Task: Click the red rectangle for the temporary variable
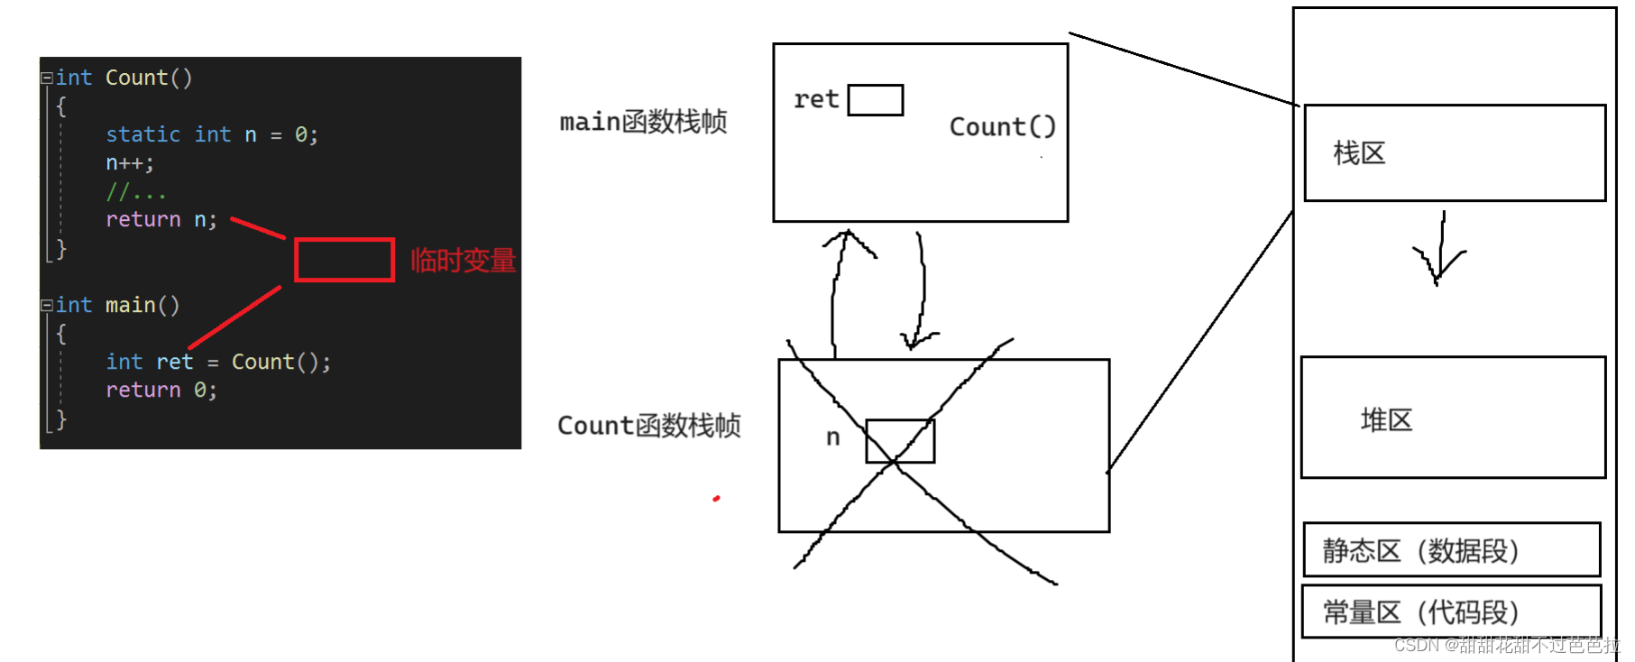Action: tap(344, 260)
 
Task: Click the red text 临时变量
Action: tap(463, 261)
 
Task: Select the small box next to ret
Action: tap(875, 100)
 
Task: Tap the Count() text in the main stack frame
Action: tap(1002, 127)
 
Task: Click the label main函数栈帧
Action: tap(643, 122)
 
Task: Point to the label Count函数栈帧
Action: tap(648, 426)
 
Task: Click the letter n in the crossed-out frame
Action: tap(832, 438)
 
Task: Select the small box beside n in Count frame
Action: tap(899, 441)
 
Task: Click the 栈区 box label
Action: tap(1359, 153)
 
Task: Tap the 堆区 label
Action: tap(1386, 420)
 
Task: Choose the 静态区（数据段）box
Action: tap(1451, 550)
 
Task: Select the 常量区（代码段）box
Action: tap(1451, 612)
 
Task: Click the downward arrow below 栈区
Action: tap(1440, 252)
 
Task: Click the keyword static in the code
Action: tap(142, 134)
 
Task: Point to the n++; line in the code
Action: tap(130, 163)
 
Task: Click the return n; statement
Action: tap(161, 220)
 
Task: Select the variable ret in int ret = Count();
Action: tap(174, 363)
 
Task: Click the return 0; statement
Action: tap(161, 391)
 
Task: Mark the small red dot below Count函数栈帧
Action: tap(716, 498)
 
